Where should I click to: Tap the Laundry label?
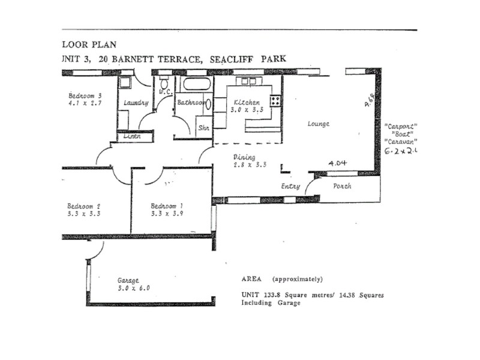tap(136, 103)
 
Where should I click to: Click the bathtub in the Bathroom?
tap(196, 83)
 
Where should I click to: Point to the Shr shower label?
tap(203, 127)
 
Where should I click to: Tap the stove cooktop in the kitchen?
tap(275, 101)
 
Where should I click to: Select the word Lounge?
tap(318, 124)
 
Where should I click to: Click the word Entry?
tap(290, 186)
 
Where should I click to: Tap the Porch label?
tap(341, 186)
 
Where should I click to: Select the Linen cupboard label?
tap(132, 136)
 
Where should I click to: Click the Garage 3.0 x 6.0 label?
tap(133, 284)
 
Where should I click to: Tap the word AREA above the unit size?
tap(252, 279)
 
